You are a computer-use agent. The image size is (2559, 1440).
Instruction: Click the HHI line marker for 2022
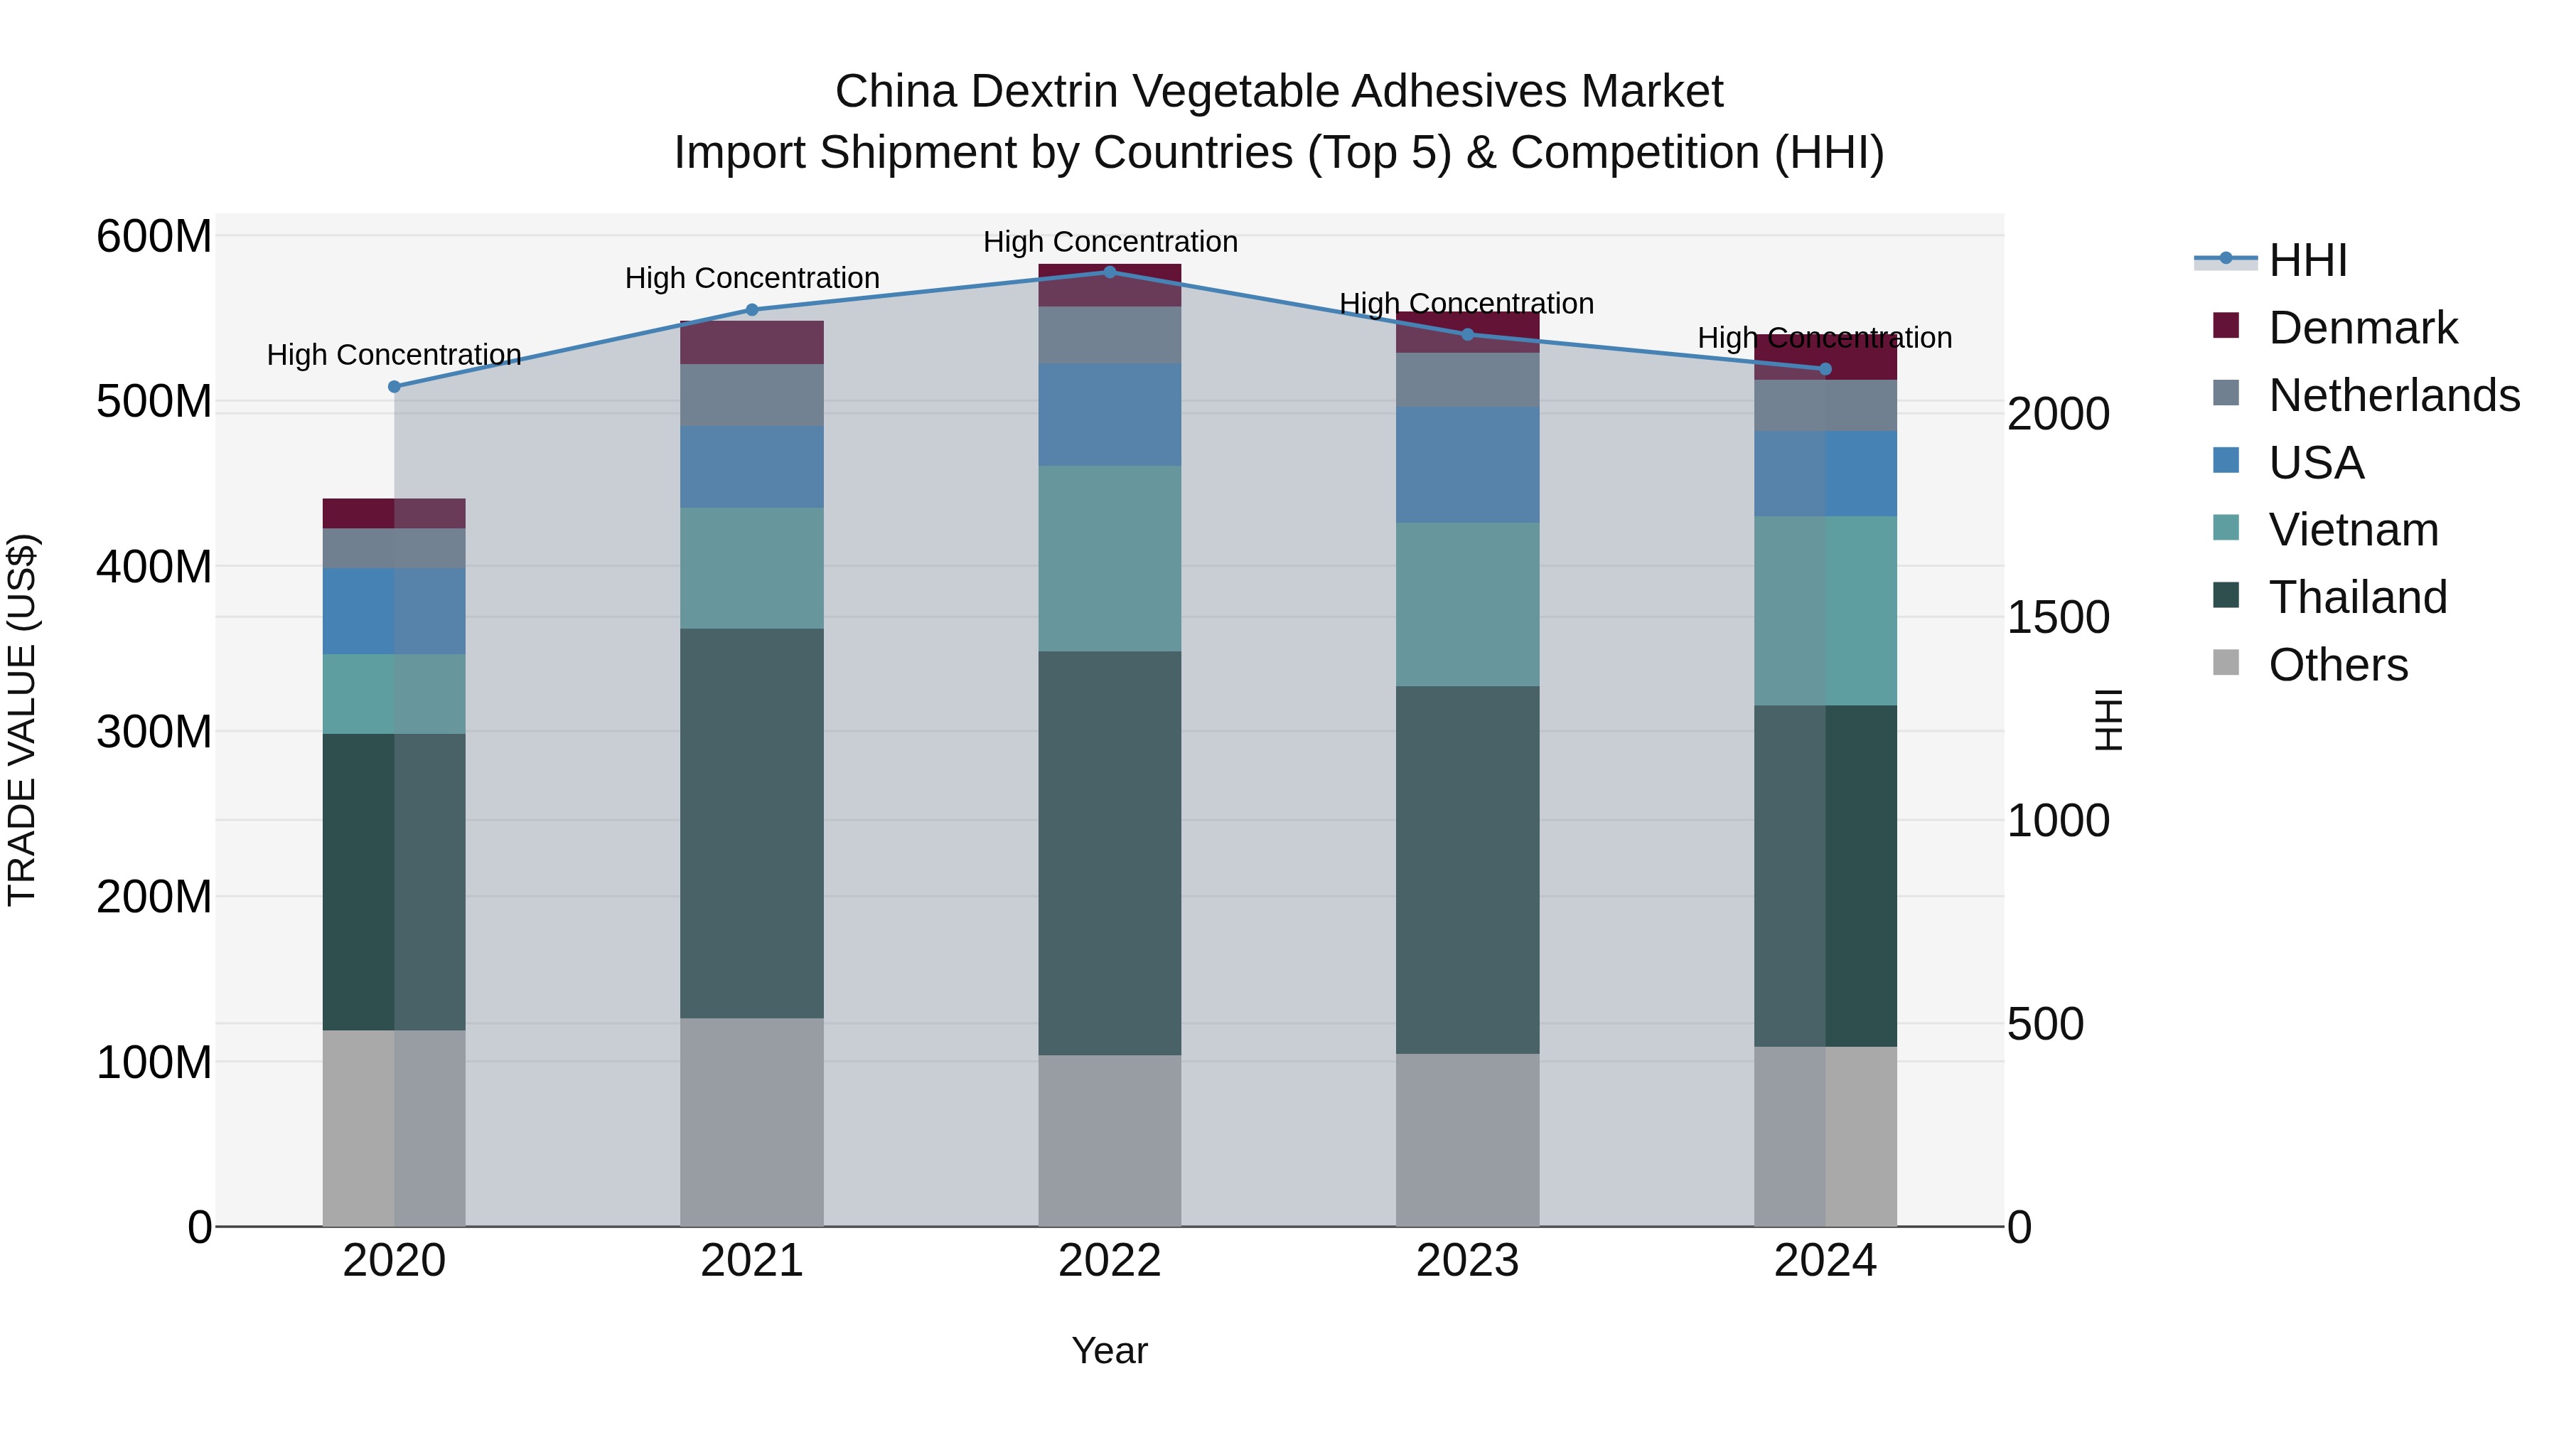[1110, 272]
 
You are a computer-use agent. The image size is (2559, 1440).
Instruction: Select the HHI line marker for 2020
[395, 387]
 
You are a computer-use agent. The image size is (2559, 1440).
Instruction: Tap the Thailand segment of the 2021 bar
[752, 823]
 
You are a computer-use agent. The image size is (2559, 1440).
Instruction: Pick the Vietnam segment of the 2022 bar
[1110, 558]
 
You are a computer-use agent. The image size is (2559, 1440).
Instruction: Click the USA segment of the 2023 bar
[1467, 464]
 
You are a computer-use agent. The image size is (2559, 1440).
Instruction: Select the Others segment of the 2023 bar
[1467, 1140]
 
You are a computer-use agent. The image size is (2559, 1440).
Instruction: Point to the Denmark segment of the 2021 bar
[752, 343]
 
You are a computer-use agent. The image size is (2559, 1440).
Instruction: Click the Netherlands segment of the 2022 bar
[1110, 335]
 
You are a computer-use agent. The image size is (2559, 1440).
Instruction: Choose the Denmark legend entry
[2361, 328]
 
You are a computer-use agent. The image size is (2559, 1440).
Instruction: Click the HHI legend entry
[2307, 260]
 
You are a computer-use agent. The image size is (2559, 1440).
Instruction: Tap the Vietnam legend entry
[2352, 530]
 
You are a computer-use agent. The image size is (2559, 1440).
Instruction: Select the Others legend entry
[2337, 665]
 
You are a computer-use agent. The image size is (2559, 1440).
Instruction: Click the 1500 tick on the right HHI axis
[2057, 618]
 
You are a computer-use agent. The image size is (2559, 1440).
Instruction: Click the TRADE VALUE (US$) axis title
[22, 720]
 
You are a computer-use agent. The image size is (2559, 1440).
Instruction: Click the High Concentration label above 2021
[752, 278]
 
